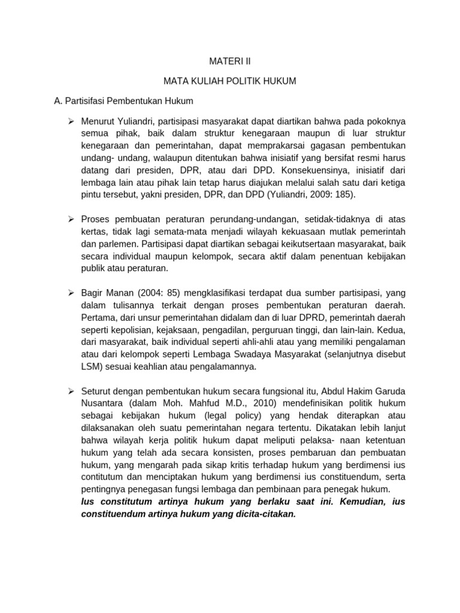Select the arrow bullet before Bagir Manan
[71, 293]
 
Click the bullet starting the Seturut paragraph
[71, 390]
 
